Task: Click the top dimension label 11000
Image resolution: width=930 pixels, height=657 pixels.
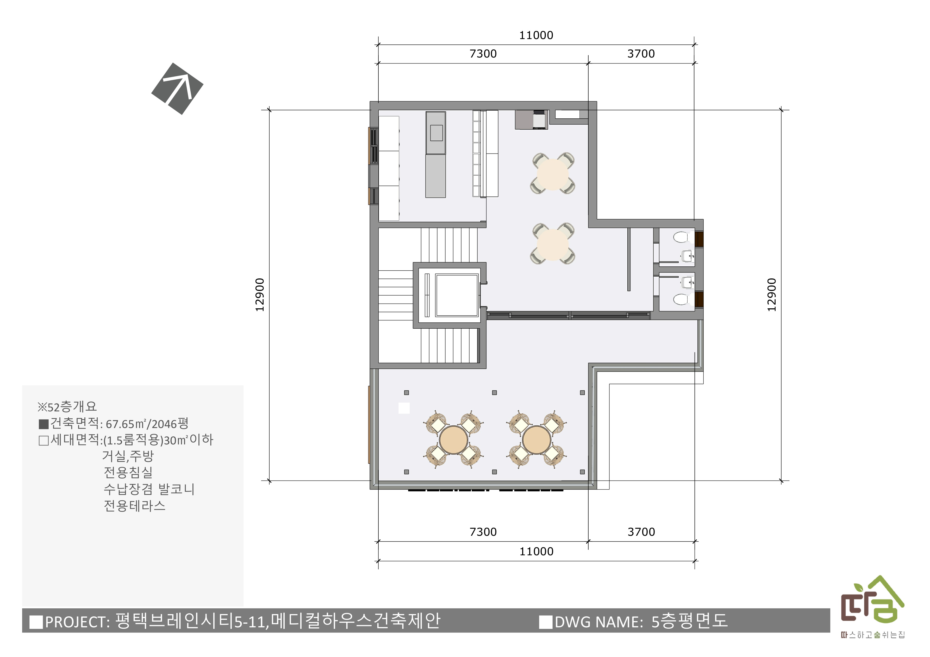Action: click(536, 35)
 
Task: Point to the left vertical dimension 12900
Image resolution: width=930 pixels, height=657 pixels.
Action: click(260, 295)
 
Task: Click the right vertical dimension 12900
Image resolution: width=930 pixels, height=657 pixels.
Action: click(772, 295)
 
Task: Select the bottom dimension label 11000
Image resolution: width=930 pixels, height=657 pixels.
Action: click(536, 551)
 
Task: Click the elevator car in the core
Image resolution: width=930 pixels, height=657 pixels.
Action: click(457, 295)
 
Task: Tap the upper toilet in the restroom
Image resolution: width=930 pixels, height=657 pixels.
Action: click(682, 237)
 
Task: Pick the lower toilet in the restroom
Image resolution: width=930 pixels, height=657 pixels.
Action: click(682, 299)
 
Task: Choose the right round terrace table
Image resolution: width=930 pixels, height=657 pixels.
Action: click(536, 440)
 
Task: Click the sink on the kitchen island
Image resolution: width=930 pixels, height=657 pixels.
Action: click(436, 133)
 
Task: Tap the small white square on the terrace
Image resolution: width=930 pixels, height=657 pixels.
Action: click(404, 408)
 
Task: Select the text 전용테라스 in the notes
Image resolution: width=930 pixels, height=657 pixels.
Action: click(134, 506)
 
